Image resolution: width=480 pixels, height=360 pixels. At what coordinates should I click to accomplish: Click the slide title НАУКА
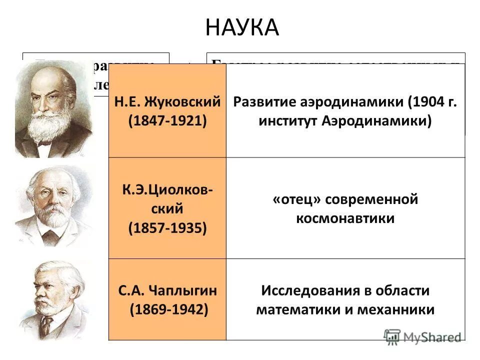coord(241,27)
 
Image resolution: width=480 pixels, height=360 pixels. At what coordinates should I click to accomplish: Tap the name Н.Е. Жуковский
coord(167,102)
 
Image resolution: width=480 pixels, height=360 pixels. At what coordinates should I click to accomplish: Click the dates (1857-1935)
coord(167,228)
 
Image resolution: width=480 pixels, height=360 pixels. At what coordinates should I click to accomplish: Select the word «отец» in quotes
coord(296,199)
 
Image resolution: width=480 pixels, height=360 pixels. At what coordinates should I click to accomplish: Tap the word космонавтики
coord(345,218)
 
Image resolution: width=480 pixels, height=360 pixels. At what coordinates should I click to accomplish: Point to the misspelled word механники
coord(396,309)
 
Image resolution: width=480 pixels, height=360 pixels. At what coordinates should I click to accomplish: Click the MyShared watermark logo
coord(422,336)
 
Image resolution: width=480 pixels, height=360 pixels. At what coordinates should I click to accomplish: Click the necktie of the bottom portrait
coord(46,327)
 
